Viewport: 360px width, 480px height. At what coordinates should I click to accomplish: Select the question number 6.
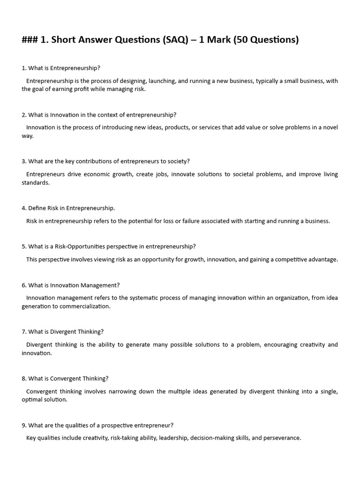tap(24, 285)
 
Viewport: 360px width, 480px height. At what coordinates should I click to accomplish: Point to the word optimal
tap(32, 400)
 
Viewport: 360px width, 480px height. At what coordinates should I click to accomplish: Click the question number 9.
tap(24, 426)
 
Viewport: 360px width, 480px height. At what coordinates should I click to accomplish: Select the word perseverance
tap(282, 438)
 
